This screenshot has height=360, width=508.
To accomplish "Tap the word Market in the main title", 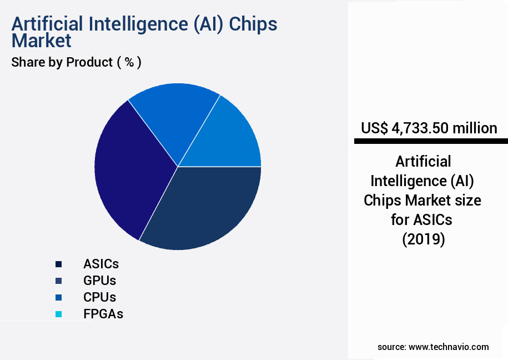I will (42, 41).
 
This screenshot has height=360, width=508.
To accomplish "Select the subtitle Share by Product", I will (62, 62).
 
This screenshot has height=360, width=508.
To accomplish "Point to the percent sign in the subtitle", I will (129, 62).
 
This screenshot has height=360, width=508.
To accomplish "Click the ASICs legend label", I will (101, 263).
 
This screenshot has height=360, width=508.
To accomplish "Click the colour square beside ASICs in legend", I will (58, 263).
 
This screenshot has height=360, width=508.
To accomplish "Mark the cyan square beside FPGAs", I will (58, 314).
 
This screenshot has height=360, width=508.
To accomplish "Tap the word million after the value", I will (475, 128).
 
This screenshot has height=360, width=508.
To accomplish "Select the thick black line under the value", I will (431, 142).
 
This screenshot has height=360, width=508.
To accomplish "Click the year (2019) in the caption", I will (423, 239).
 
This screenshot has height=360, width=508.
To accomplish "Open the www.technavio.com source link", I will (449, 347).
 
